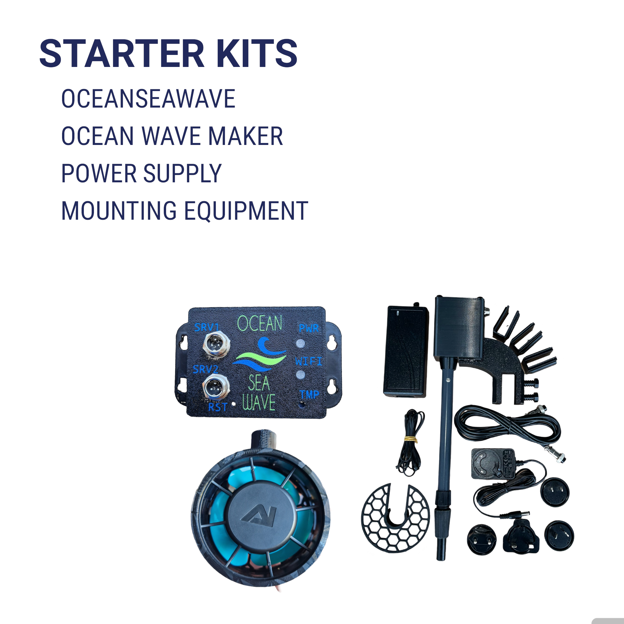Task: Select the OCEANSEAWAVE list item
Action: pyautogui.click(x=148, y=99)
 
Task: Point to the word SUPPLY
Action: pyautogui.click(x=182, y=174)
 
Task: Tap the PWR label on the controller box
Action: pyautogui.click(x=308, y=328)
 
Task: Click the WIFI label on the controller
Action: pyautogui.click(x=308, y=361)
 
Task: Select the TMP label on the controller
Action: pyautogui.click(x=309, y=395)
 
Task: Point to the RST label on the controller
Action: pyautogui.click(x=217, y=407)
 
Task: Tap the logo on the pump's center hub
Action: pyautogui.click(x=259, y=516)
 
